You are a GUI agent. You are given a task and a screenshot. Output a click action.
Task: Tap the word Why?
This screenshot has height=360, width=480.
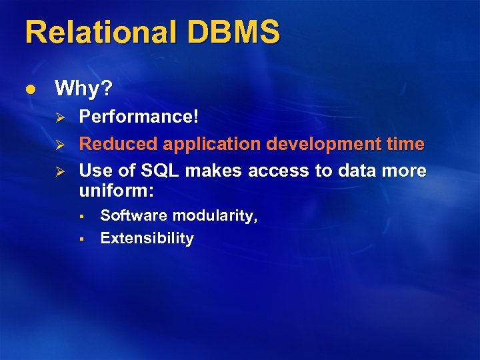84,88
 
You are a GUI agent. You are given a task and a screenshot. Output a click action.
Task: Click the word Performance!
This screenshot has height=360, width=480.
139,117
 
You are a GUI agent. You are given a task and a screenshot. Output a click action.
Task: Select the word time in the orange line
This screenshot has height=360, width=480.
406,143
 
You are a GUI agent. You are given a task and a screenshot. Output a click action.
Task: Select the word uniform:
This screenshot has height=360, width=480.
117,191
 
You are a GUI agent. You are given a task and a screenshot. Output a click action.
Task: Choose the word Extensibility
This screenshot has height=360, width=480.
147,239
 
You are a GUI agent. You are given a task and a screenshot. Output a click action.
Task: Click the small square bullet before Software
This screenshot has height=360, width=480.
79,216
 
